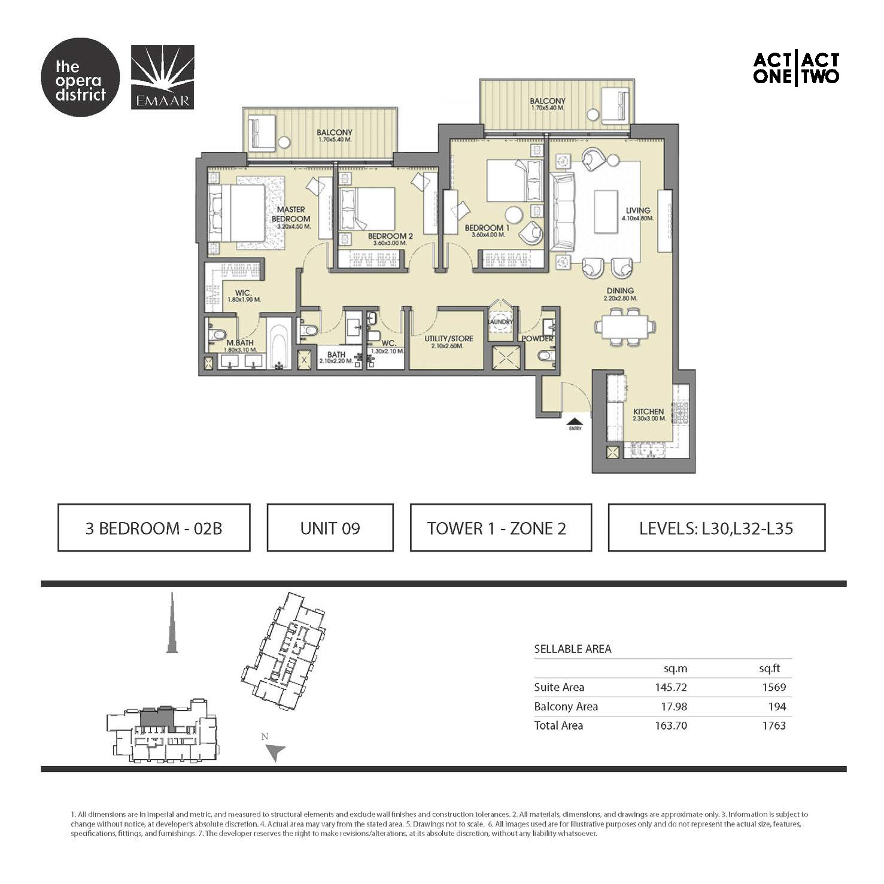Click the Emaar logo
(x=162, y=77)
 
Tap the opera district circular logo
(x=80, y=77)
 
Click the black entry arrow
(x=575, y=421)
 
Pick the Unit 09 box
(x=330, y=528)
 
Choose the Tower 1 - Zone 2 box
(x=500, y=528)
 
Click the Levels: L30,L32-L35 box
(x=716, y=528)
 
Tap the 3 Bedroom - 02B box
(x=154, y=528)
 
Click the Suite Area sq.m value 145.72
(x=670, y=688)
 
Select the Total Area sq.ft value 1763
(x=773, y=726)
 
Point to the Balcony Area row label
(x=566, y=707)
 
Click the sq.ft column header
(x=769, y=669)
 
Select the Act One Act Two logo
(x=796, y=68)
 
